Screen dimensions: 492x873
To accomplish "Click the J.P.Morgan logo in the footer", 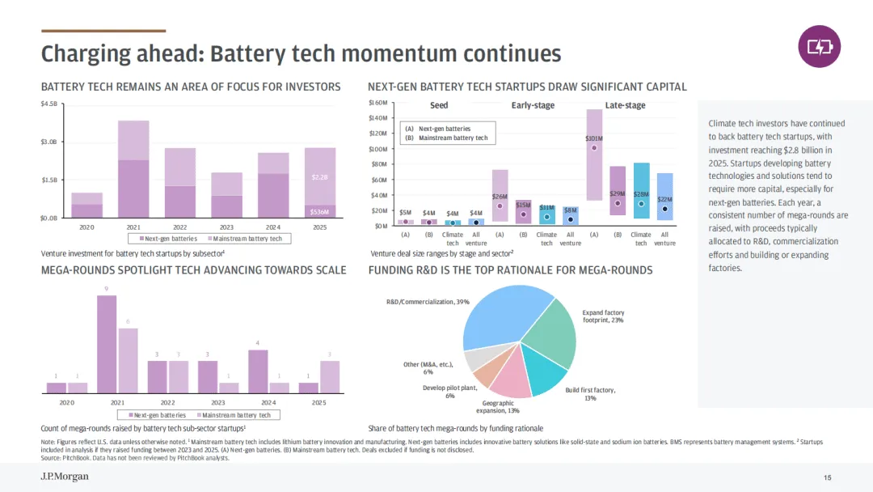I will click(x=65, y=477).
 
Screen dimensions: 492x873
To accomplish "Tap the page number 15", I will click(x=827, y=477).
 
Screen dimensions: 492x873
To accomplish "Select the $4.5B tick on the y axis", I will click(x=49, y=104).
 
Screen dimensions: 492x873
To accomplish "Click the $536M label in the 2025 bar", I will click(x=321, y=211).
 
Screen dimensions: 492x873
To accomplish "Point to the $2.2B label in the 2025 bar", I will click(x=321, y=176).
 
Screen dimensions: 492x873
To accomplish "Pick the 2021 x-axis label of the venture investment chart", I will click(x=133, y=227).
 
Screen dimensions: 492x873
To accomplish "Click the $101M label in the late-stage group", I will click(x=594, y=138).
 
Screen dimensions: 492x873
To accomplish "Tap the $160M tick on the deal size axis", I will click(x=378, y=103).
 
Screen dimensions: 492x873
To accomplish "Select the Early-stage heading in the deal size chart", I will click(x=533, y=105).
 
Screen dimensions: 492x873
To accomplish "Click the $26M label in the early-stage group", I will click(x=500, y=197).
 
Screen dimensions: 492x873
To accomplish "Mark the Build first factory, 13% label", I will click(x=590, y=394).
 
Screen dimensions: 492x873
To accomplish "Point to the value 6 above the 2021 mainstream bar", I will click(x=128, y=321).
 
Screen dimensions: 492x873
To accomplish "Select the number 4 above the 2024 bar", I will click(x=258, y=343).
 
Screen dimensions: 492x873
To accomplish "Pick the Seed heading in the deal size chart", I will click(x=439, y=105).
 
